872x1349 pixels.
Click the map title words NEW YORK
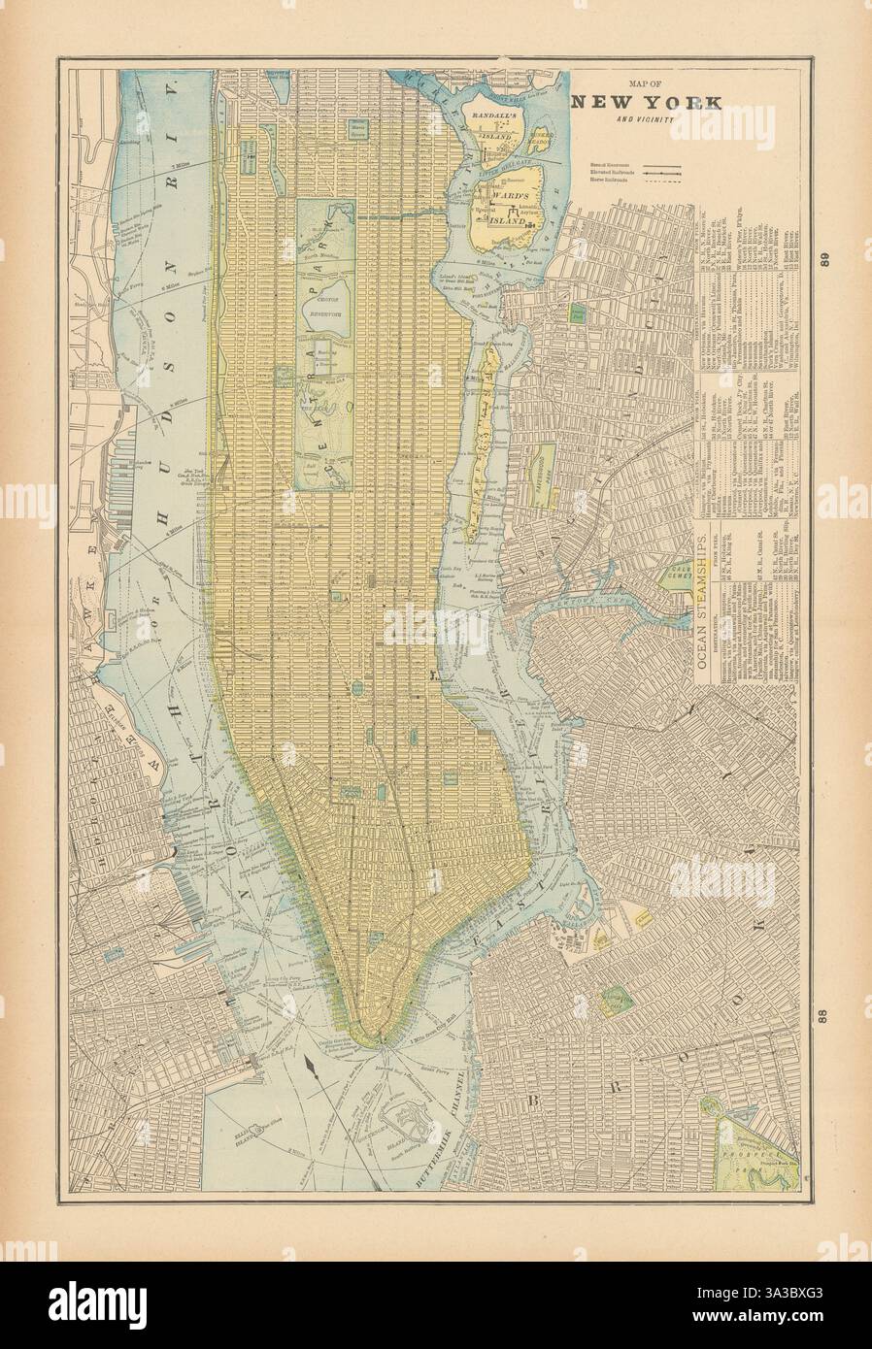click(645, 102)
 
